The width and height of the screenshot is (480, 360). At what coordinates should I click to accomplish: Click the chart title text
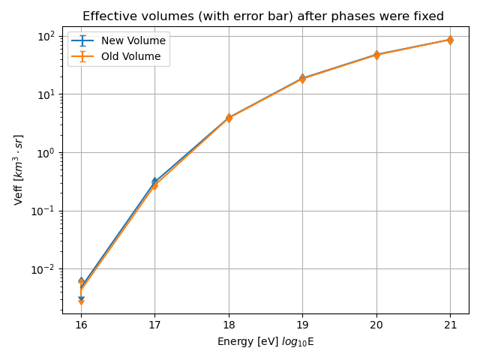pyautogui.click(x=262, y=16)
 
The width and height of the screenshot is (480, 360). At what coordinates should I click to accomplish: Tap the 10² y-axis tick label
pyautogui.click(x=47, y=36)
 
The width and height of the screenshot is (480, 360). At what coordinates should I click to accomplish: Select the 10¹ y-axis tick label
pyautogui.click(x=47, y=94)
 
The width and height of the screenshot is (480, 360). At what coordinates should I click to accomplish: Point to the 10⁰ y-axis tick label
pyautogui.click(x=47, y=152)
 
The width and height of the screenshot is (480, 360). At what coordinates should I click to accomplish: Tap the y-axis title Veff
pyautogui.click(x=19, y=169)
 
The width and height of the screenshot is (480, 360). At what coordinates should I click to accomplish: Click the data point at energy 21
pyautogui.click(x=450, y=40)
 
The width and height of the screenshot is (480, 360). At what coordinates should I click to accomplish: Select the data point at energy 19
pyautogui.click(x=302, y=78)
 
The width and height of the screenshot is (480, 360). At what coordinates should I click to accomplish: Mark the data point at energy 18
pyautogui.click(x=229, y=118)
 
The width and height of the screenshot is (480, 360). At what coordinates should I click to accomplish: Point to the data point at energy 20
pyautogui.click(x=376, y=55)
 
